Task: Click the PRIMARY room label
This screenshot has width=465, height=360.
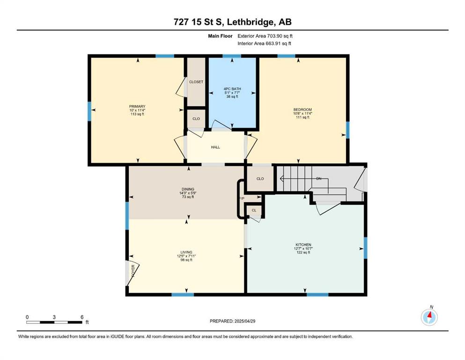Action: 137,106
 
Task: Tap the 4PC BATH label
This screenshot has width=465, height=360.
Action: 232,89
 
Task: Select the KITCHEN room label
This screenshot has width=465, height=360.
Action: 303,245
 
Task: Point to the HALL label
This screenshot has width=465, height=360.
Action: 215,147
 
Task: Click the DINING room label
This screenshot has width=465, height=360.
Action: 188,189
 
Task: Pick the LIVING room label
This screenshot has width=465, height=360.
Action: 186,252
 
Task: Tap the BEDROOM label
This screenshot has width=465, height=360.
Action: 303,110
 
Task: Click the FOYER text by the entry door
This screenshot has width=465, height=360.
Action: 133,270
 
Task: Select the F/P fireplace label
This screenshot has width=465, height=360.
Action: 242,198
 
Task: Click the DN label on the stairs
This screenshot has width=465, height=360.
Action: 319,179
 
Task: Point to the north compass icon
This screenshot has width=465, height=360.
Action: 429,317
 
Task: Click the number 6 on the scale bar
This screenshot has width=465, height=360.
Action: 82,317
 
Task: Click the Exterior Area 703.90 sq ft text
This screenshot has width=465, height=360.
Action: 265,36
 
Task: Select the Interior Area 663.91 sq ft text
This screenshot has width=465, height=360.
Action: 264,43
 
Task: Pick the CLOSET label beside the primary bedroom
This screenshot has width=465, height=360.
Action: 196,82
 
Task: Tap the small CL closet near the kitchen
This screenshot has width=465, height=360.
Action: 254,210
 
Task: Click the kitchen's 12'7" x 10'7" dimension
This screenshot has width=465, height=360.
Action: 303,248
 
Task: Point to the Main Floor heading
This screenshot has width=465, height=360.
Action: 220,36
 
